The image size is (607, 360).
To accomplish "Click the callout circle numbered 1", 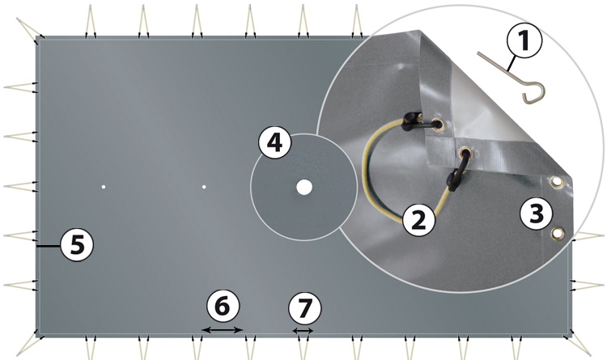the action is (524, 40).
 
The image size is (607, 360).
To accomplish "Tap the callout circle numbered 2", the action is (419, 220).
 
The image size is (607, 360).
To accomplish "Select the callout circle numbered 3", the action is (537, 213).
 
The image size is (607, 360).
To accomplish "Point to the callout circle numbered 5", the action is (78, 244).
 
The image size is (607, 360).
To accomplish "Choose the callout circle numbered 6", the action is (223, 306).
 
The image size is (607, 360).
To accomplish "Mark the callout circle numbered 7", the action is (305, 308).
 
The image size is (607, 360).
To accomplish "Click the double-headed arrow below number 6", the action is (223, 330).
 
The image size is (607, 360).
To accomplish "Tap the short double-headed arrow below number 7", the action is (303, 331).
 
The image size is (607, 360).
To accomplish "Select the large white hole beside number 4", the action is (304, 188).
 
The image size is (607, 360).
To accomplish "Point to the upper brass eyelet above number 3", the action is (557, 181).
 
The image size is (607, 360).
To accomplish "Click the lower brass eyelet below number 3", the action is (558, 234).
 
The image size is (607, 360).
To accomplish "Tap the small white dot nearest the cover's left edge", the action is (104, 187).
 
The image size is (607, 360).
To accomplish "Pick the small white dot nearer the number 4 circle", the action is (204, 187).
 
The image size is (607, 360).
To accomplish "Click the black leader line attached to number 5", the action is (49, 245).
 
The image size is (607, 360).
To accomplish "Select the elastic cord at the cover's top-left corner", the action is (29, 28).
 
